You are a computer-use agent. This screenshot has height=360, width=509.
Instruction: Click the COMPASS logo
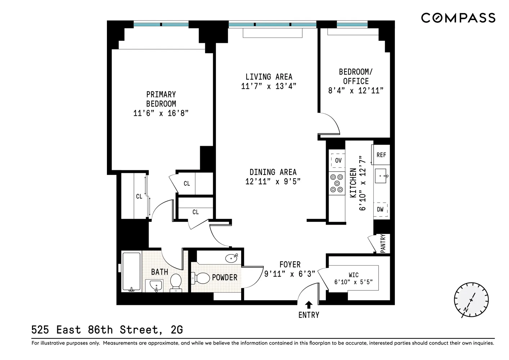[x=458, y=18]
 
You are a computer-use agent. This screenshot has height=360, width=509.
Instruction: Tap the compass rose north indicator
[x=470, y=300]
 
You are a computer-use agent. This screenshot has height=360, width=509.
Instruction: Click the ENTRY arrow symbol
[x=308, y=305]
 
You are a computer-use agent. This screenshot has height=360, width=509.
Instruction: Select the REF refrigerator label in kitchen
[x=381, y=155]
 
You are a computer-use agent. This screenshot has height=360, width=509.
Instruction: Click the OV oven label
[x=338, y=161]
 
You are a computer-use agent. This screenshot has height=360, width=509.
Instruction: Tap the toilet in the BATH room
[x=176, y=282]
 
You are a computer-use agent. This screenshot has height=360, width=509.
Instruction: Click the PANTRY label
[x=383, y=243]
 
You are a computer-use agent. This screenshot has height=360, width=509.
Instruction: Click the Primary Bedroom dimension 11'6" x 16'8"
[x=161, y=113]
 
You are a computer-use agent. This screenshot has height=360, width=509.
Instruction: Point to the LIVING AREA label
[x=269, y=77]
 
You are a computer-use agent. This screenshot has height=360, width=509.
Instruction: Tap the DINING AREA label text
[x=273, y=172]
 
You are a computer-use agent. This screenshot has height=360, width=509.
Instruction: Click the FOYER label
[x=290, y=265]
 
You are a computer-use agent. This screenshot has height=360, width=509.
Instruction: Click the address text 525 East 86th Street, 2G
[x=107, y=329]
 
